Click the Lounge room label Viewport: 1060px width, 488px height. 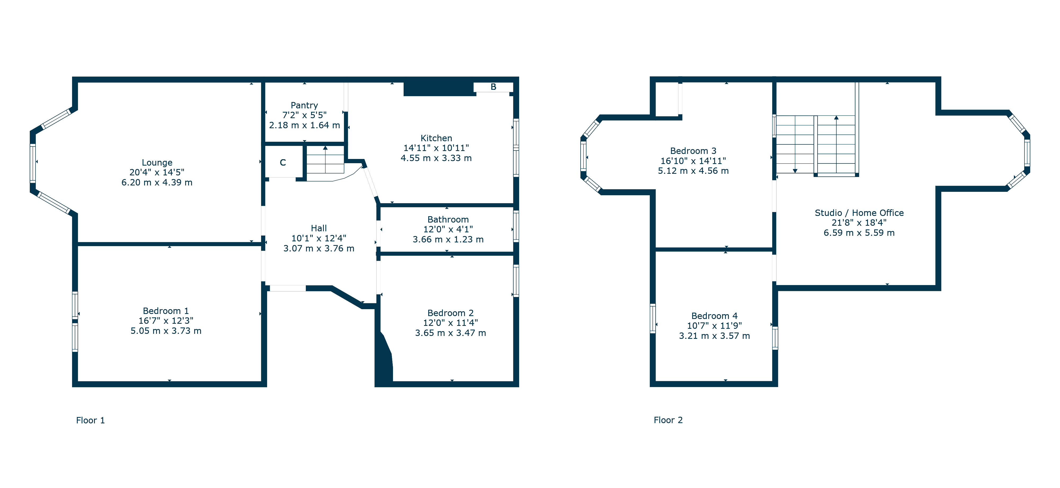[157, 162]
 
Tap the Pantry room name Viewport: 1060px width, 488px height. [304, 105]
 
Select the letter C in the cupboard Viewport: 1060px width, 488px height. [283, 162]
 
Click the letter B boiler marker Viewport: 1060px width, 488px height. [493, 87]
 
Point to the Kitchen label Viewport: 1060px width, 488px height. [436, 138]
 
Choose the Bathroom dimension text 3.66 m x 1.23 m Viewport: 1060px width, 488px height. [448, 239]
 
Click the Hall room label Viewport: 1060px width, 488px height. [319, 228]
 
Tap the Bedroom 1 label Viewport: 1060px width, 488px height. [166, 311]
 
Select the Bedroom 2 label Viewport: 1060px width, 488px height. [450, 313]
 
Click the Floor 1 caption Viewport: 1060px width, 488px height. [91, 420]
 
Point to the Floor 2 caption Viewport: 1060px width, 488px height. [668, 420]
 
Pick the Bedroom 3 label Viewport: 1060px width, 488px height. [693, 151]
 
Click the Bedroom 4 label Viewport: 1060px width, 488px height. [714, 316]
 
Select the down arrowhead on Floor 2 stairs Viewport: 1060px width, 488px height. [795, 171]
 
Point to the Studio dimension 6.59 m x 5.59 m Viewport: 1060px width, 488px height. [859, 233]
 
